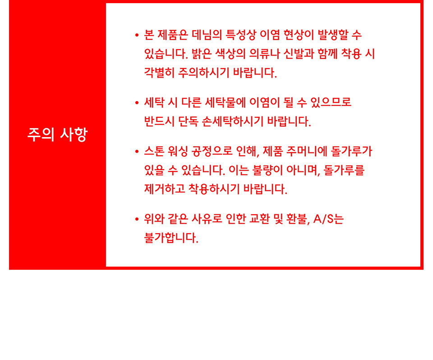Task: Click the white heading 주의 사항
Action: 57,134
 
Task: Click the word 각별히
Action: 159,72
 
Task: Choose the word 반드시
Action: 159,121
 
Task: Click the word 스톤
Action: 154,152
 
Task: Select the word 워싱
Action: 178,152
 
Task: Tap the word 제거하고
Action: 165,189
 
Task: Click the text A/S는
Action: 329,219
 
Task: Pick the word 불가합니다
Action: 171,238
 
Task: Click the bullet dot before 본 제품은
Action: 137,35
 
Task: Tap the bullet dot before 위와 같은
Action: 137,219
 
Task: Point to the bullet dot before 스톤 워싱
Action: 137,152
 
